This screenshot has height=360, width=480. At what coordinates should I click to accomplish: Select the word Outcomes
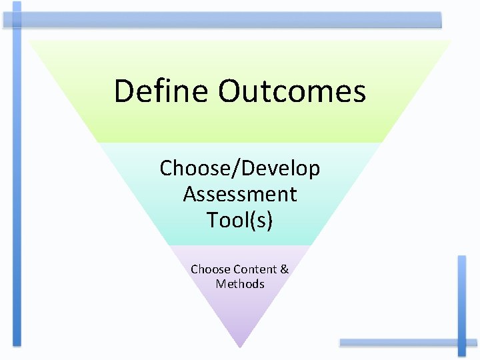tap(292, 91)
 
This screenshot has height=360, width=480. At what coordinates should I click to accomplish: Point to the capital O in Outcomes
tap(230, 91)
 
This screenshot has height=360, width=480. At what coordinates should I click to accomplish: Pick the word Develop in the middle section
tap(280, 169)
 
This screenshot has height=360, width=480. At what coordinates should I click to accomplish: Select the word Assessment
tap(240, 194)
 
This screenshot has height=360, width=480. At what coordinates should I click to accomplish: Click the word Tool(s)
tap(240, 219)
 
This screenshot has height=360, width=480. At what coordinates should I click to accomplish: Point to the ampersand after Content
tap(285, 269)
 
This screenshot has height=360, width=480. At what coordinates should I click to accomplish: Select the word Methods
tap(240, 284)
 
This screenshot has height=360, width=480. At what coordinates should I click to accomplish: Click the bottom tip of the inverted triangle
tap(240, 347)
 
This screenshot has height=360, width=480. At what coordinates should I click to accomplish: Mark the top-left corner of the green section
tap(30, 41)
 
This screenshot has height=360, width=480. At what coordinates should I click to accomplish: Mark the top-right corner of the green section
tap(450, 41)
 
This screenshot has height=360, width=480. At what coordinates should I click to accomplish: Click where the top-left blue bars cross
tap(17, 20)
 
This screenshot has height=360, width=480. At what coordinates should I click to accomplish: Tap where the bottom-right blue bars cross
tap(461, 343)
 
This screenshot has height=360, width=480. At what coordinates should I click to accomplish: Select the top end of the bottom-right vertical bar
tap(461, 257)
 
